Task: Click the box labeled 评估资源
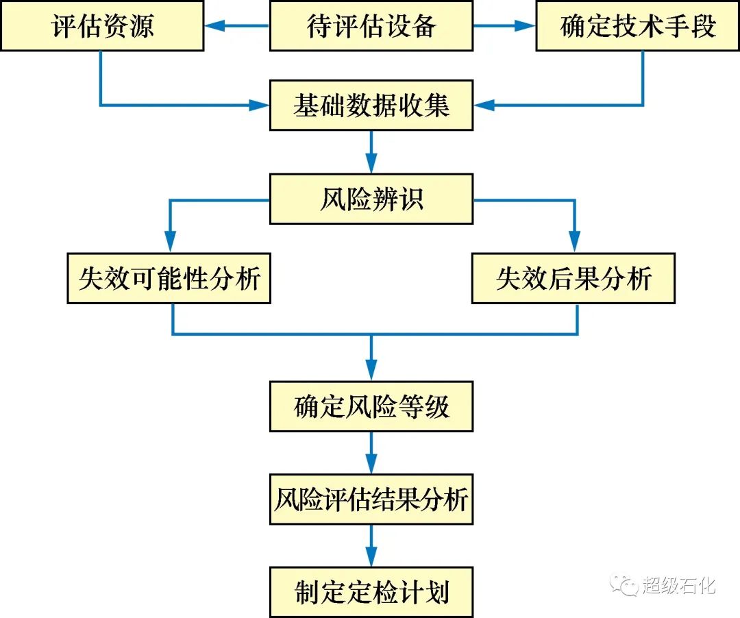click(102, 26)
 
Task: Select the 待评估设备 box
click(371, 26)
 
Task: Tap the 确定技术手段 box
click(637, 26)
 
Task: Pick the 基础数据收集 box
click(371, 106)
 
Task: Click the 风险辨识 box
click(371, 199)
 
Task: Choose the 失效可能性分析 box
click(169, 278)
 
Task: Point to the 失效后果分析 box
click(573, 278)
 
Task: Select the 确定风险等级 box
click(371, 407)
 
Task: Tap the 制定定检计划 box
click(371, 591)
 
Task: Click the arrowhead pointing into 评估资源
click(215, 27)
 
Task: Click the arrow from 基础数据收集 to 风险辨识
click(371, 152)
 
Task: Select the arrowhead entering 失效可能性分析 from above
click(169, 243)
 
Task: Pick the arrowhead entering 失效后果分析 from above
click(574, 243)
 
